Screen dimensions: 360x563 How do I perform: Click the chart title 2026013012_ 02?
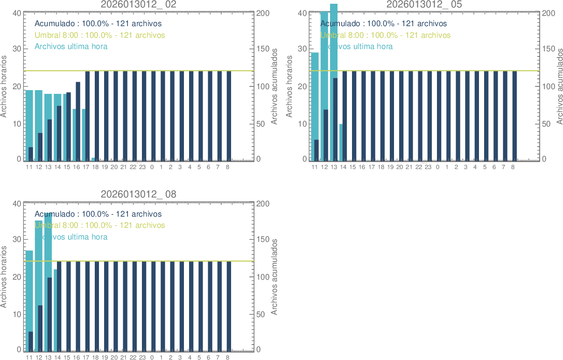point(139,4)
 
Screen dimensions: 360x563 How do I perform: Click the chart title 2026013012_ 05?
point(424,4)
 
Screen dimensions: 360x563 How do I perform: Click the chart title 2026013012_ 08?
point(139,194)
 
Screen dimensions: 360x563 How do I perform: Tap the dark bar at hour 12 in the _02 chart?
point(40,147)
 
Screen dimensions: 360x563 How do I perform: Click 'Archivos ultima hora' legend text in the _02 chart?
point(71,46)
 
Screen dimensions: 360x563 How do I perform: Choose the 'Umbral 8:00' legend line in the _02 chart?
point(99,35)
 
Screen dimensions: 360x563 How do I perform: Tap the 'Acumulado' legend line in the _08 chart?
point(98,214)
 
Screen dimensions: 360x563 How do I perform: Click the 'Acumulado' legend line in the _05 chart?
point(383,23)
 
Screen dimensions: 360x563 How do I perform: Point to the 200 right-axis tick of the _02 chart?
point(263,13)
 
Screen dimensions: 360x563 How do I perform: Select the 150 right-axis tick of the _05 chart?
point(549,49)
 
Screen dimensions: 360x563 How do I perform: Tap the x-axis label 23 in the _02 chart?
point(142,167)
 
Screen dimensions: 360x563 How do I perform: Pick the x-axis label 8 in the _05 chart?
point(513,167)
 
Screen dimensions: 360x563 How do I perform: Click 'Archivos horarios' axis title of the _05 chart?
point(289,86)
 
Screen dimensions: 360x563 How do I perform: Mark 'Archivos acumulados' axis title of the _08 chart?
point(274,277)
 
